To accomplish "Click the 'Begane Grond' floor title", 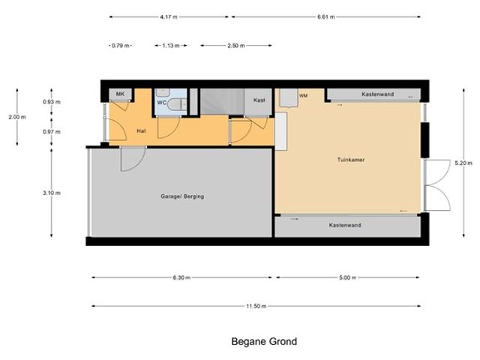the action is tap(264, 342).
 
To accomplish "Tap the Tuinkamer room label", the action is tap(351, 160).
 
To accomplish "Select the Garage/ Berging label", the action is tap(182, 196).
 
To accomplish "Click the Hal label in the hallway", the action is tap(141, 131).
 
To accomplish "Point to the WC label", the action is tap(162, 103).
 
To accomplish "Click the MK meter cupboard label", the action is tap(120, 94).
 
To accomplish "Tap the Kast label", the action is tap(259, 100).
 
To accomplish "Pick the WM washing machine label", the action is tap(303, 96).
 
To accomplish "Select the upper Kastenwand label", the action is tap(378, 94).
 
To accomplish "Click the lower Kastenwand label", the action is tap(345, 225).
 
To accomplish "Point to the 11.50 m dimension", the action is tap(256, 306).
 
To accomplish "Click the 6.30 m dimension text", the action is tap(181, 277).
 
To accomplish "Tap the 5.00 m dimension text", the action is tap(347, 277).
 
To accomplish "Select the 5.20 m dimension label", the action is tap(463, 163).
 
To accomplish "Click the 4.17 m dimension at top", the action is tap(168, 16).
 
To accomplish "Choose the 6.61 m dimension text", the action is tap(326, 16).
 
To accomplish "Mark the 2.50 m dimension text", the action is tap(236, 46).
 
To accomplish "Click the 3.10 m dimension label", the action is tap(52, 193).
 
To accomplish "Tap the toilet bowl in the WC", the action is tap(175, 105).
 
